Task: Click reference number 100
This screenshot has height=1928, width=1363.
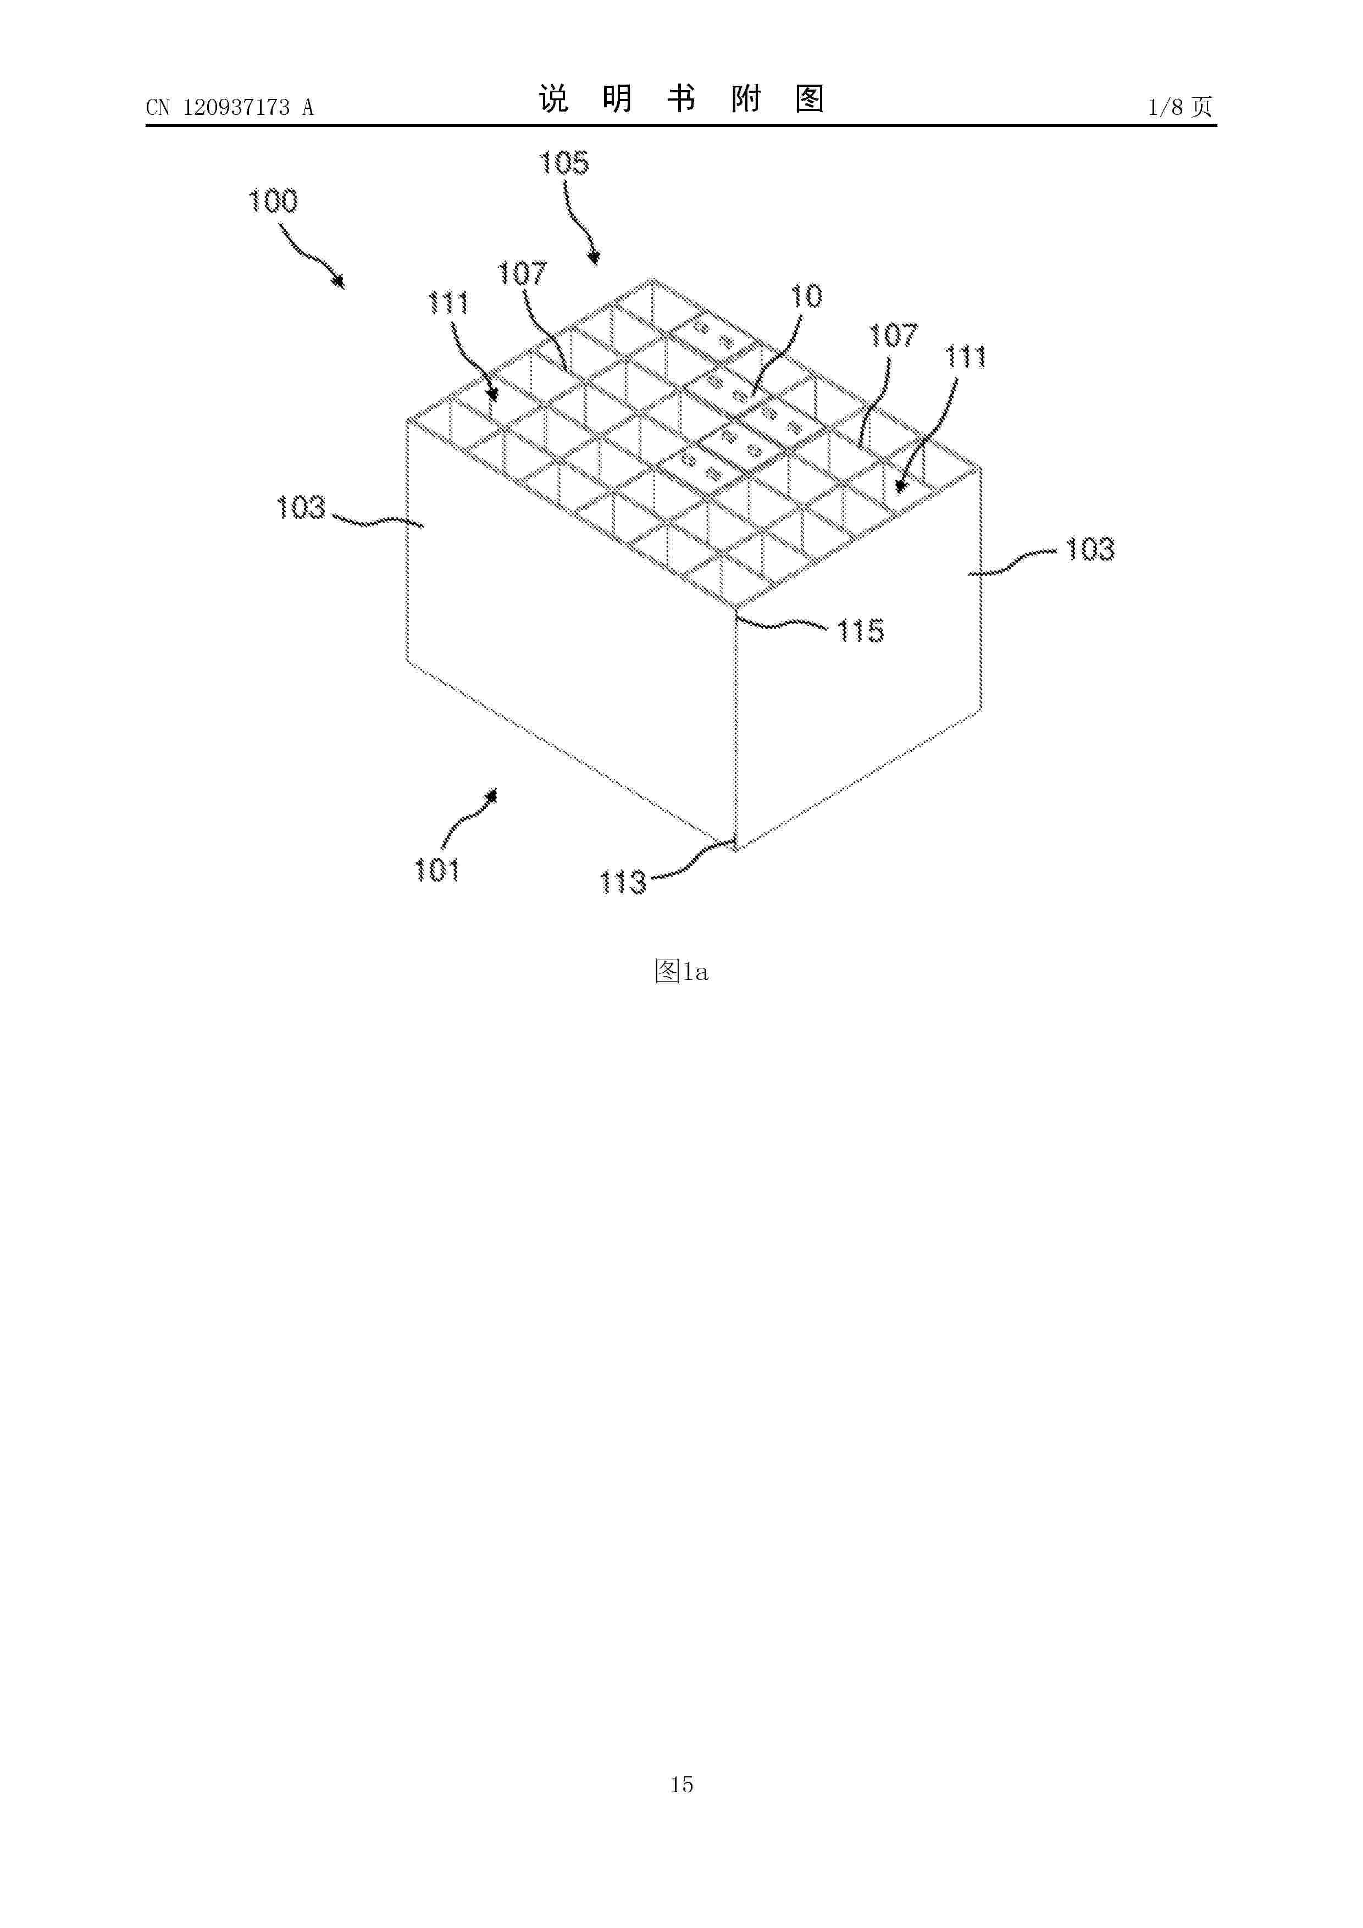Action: (x=273, y=202)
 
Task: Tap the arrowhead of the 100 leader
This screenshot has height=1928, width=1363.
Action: (x=340, y=283)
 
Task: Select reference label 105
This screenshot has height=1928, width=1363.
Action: (x=563, y=163)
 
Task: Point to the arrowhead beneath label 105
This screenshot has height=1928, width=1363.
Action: (x=594, y=259)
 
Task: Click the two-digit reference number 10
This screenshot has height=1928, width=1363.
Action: (x=806, y=296)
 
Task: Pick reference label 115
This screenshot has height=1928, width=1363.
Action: (x=860, y=630)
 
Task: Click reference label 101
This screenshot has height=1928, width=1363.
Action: (x=437, y=870)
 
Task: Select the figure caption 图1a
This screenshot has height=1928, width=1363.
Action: (x=681, y=972)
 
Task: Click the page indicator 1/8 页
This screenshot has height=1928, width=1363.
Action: (x=1179, y=107)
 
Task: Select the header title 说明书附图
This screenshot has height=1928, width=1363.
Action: (x=681, y=99)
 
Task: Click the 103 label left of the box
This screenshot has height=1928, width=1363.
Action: (x=300, y=507)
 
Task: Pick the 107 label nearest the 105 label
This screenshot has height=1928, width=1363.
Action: (x=522, y=273)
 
